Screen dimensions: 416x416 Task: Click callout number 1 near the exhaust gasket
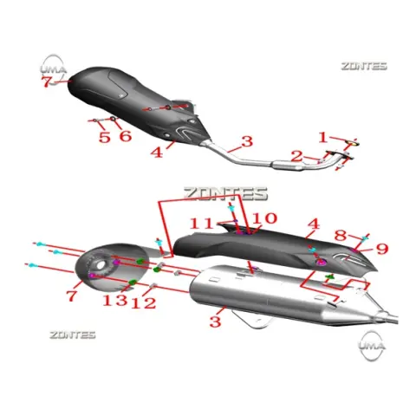323,137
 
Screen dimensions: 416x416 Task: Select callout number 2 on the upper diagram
296,156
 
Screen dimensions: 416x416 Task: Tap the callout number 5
104,137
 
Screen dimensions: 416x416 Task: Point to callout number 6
126,136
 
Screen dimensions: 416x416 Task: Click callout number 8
341,236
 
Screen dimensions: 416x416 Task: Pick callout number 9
381,249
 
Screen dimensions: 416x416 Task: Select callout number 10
264,218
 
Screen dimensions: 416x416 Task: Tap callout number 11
202,224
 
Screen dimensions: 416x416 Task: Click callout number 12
143,303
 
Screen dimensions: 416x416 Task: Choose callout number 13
115,300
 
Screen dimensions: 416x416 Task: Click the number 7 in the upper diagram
47,82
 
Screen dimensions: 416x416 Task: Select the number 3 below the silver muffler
215,322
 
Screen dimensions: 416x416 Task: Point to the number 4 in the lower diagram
314,224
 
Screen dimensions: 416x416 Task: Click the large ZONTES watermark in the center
226,194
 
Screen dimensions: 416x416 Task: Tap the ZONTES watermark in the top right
364,66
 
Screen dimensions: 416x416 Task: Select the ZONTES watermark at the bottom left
72,335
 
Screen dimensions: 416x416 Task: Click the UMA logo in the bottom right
372,346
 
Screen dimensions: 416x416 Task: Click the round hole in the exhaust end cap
101,265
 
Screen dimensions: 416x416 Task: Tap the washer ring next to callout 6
114,119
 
